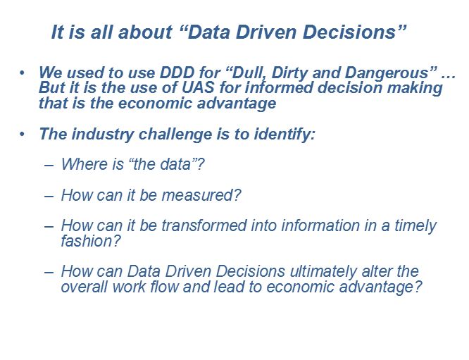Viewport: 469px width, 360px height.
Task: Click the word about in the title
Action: (x=145, y=32)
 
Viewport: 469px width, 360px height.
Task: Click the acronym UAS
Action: (x=199, y=87)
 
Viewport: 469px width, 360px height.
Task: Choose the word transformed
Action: (x=204, y=225)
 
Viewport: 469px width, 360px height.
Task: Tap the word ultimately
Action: (x=323, y=272)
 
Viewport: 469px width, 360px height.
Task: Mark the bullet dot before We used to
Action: (x=22, y=73)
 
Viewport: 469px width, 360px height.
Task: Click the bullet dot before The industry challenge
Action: (x=22, y=135)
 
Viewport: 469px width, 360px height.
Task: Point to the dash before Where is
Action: (x=49, y=165)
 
